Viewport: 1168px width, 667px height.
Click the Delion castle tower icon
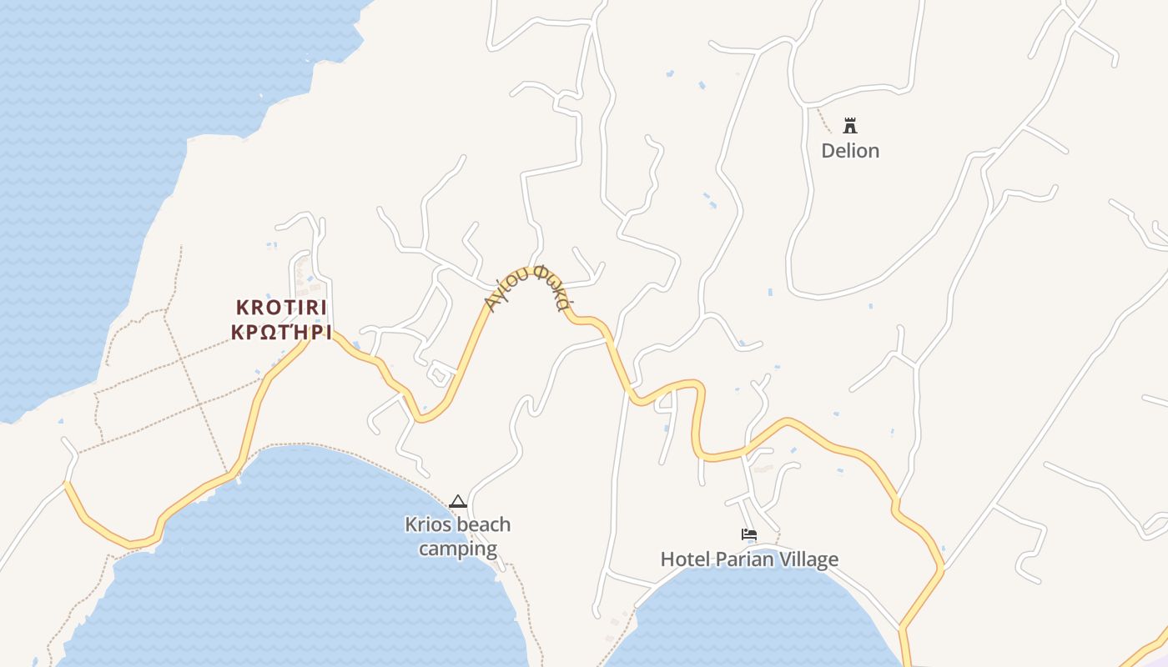tap(850, 126)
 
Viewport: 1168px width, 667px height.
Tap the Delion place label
tap(850, 151)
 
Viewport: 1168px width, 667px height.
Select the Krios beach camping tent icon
tap(457, 501)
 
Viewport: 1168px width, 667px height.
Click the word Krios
tap(427, 525)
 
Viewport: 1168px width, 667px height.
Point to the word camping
tap(457, 549)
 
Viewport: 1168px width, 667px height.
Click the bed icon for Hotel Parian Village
tap(748, 534)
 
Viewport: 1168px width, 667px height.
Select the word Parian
tap(743, 559)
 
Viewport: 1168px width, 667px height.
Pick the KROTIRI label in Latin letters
tap(281, 308)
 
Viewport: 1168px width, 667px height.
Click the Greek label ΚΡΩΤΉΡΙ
tap(281, 333)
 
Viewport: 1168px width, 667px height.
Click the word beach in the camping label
tap(482, 525)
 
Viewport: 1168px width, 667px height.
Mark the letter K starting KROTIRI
tap(242, 308)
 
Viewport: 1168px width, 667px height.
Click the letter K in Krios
tap(410, 525)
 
